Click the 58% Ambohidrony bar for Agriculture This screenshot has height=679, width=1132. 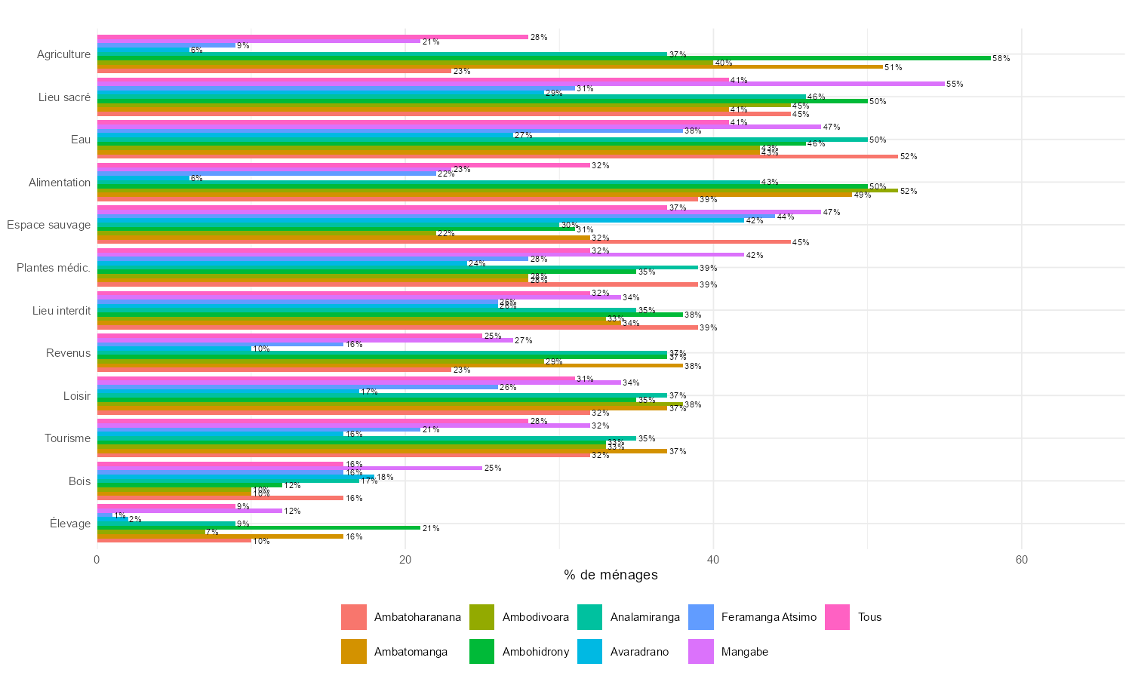(543, 58)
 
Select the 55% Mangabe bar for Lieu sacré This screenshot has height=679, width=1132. (521, 84)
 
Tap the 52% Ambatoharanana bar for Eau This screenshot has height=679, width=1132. (498, 156)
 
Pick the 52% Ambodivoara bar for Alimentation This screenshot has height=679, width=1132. (498, 191)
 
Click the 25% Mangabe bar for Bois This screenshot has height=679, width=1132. (290, 468)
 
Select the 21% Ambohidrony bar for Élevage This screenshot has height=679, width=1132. (259, 528)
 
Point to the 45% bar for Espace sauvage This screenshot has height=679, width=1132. (444, 242)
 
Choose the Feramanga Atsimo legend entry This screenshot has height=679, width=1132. (768, 617)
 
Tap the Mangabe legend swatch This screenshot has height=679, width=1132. (701, 652)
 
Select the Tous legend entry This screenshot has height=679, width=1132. (869, 617)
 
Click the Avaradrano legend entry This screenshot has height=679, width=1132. (639, 652)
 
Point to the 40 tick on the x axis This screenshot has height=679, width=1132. (713, 560)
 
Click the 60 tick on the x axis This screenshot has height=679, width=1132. (1021, 560)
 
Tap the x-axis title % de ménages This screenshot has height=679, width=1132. (611, 575)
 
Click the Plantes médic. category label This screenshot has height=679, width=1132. (54, 268)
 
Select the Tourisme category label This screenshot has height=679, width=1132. (67, 438)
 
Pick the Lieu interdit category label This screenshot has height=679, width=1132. (61, 310)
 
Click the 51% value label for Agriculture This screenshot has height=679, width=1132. (893, 67)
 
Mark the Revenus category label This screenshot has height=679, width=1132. (68, 353)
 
